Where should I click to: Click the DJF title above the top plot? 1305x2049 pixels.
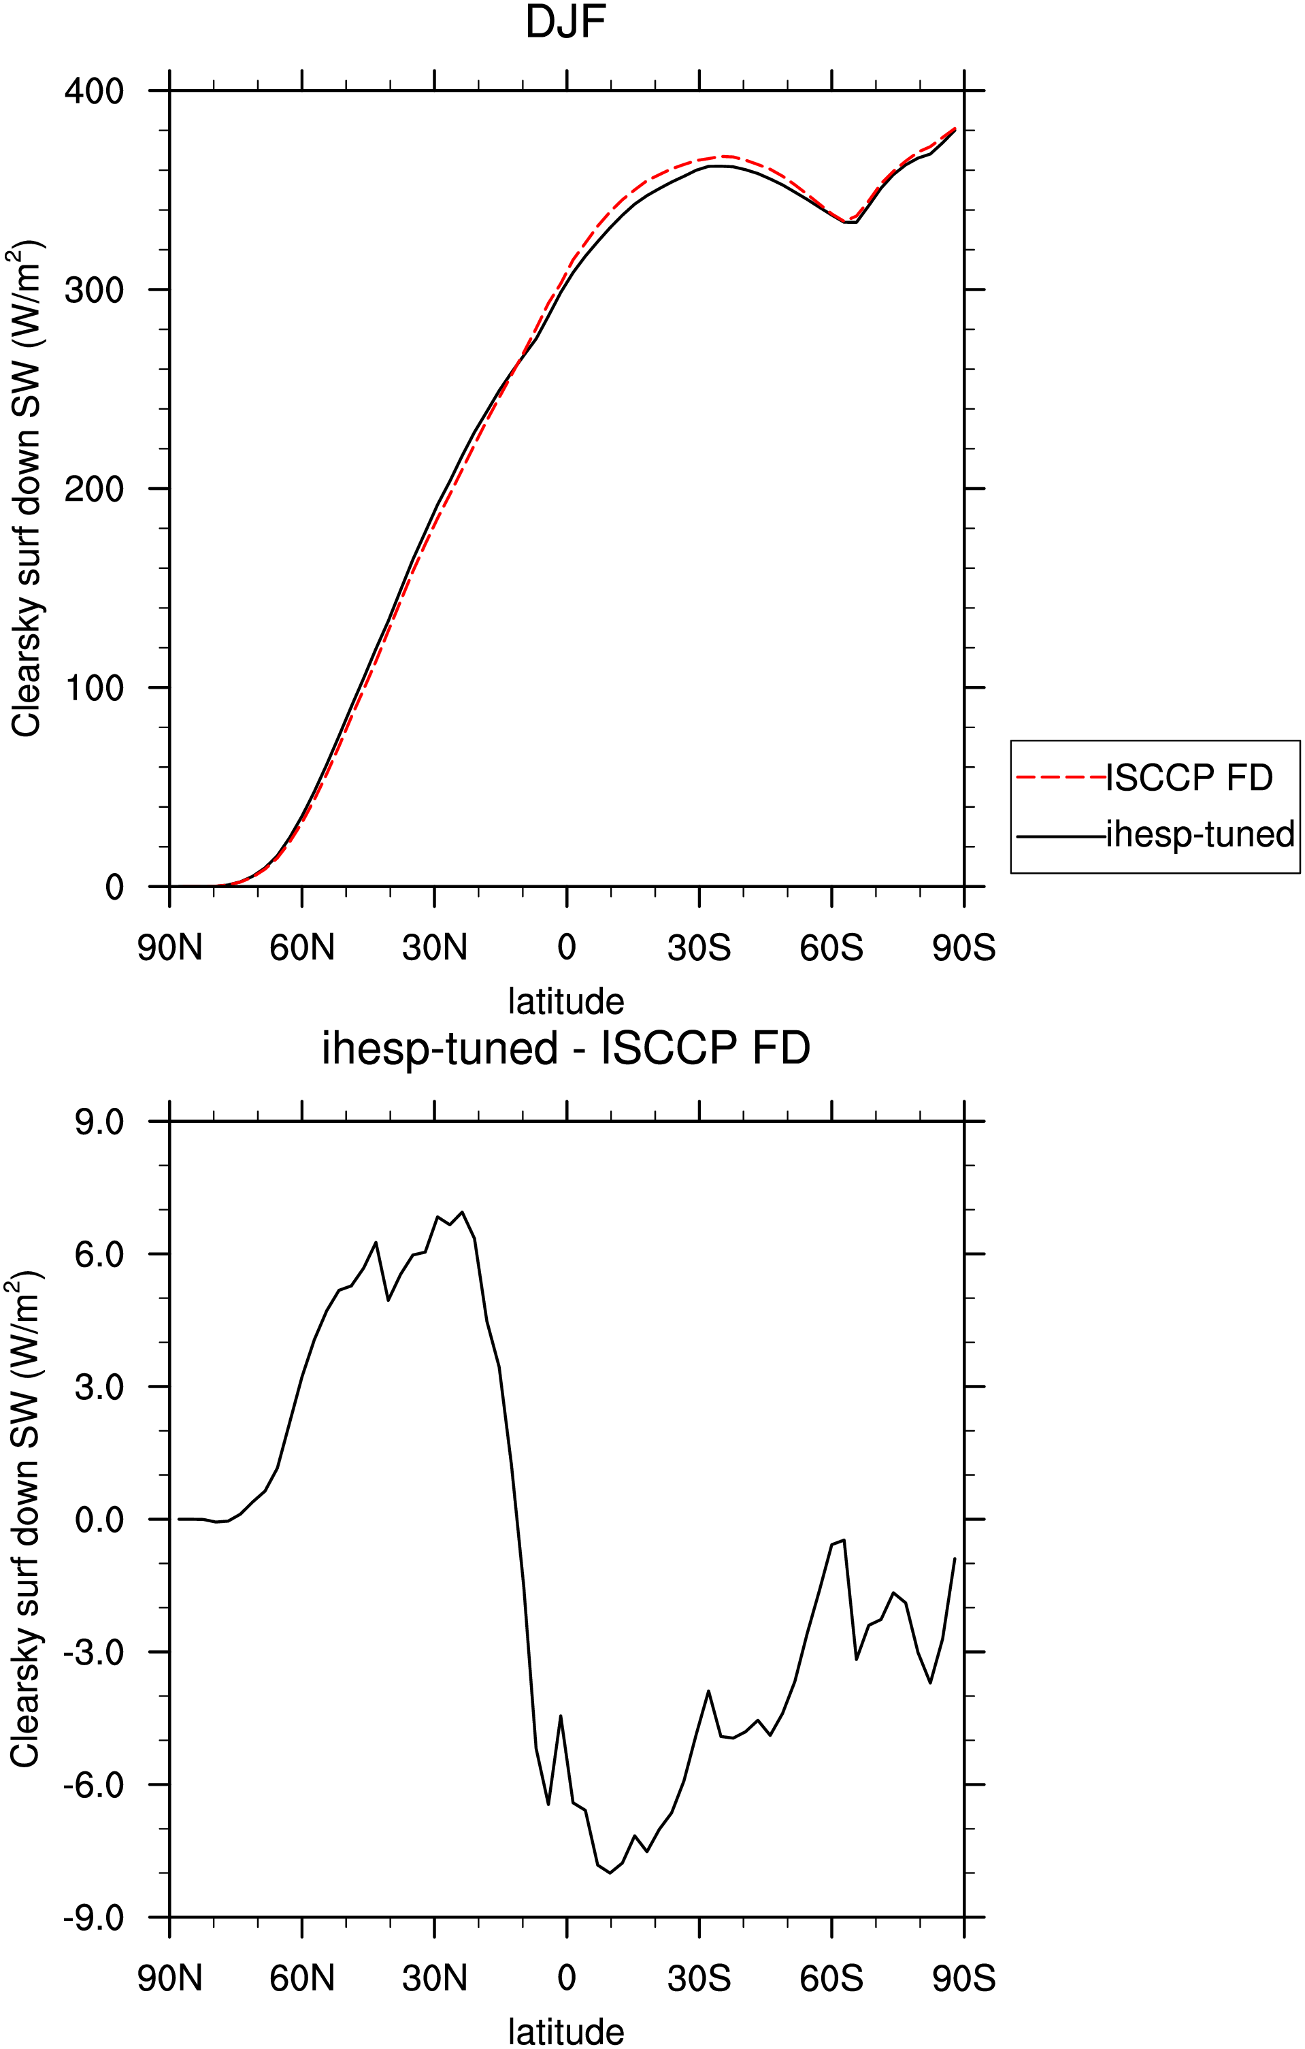click(565, 22)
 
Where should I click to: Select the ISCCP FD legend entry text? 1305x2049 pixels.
click(1189, 778)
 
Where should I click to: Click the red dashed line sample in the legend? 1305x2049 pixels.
click(1061, 778)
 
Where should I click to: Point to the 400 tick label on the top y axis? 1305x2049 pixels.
click(95, 91)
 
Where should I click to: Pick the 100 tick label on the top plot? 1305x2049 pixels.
click(95, 687)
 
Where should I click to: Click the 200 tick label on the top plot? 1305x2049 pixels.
click(95, 489)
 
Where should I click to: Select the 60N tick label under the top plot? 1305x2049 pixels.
click(302, 947)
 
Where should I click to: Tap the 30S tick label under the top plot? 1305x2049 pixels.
click(699, 947)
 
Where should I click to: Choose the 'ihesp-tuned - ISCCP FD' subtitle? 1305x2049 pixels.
click(565, 1049)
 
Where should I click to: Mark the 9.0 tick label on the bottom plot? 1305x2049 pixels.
click(99, 1122)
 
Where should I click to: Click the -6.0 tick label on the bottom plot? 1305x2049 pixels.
click(94, 1784)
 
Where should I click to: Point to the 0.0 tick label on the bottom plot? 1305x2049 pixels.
click(99, 1519)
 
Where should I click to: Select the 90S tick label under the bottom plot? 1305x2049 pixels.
click(964, 1978)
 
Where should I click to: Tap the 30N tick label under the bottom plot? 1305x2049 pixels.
click(435, 1978)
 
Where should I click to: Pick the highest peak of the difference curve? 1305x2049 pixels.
click(462, 1212)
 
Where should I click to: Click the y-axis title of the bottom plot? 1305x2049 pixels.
click(26, 1520)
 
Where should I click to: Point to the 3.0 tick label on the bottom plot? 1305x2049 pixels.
click(99, 1387)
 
